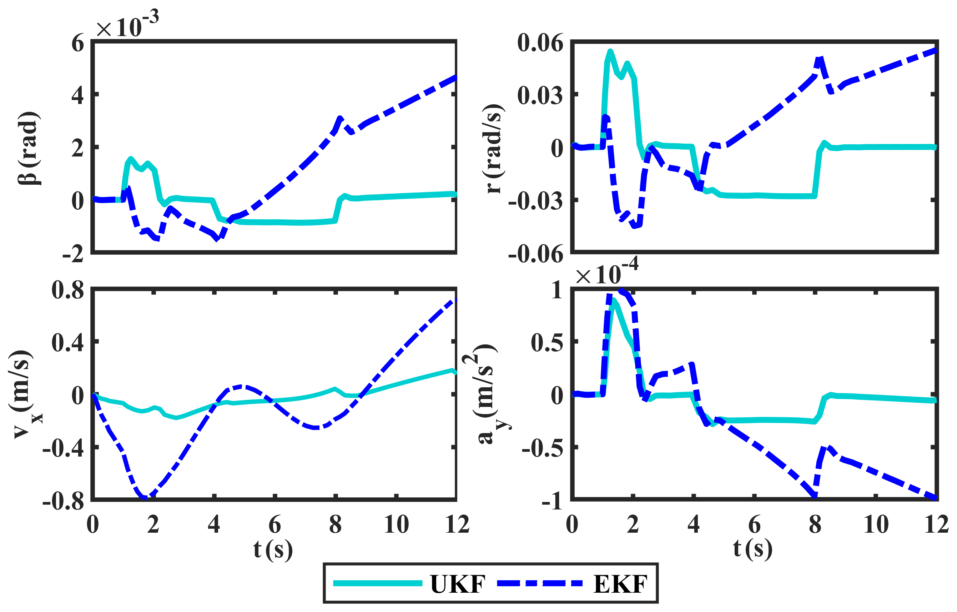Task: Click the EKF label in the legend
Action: click(x=620, y=584)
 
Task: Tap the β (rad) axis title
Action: click(x=29, y=148)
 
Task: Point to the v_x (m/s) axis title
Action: click(x=24, y=395)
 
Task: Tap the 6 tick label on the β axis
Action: click(x=77, y=43)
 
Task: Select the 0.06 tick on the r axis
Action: click(x=540, y=43)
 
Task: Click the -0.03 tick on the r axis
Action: click(x=536, y=201)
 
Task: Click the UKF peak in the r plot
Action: click(x=610, y=51)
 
